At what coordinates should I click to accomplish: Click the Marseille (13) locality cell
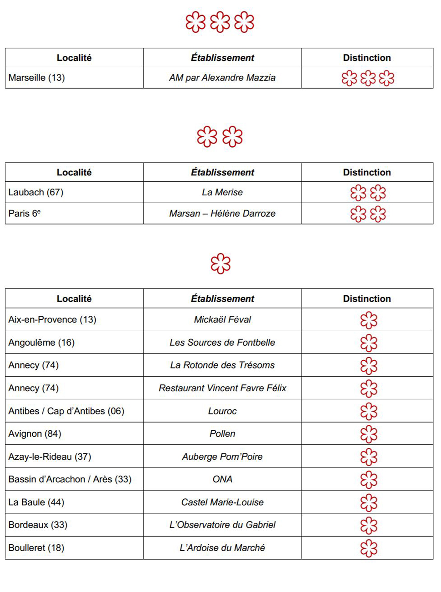click(37, 78)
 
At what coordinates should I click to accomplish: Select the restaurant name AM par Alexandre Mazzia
click(222, 78)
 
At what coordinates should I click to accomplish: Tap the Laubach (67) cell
click(36, 192)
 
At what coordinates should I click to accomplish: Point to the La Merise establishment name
click(222, 192)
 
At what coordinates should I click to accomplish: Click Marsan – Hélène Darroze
click(222, 214)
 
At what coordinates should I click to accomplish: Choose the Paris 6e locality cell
click(25, 214)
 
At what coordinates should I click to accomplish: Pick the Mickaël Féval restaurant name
click(222, 319)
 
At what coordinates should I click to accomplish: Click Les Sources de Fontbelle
click(222, 343)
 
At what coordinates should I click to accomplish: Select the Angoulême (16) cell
click(41, 343)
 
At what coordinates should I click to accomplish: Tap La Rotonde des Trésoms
click(222, 365)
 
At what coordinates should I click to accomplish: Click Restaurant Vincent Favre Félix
click(222, 388)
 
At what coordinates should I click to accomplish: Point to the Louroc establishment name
click(222, 411)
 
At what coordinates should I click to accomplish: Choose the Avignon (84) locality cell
click(35, 434)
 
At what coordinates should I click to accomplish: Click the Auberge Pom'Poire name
click(222, 457)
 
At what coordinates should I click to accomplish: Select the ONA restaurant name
click(222, 479)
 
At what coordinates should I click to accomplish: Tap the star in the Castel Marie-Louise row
click(369, 502)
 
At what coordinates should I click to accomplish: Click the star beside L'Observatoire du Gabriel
click(369, 525)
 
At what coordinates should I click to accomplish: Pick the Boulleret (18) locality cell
click(36, 548)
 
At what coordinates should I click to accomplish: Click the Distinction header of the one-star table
click(367, 298)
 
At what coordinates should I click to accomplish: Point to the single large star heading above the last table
click(220, 264)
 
